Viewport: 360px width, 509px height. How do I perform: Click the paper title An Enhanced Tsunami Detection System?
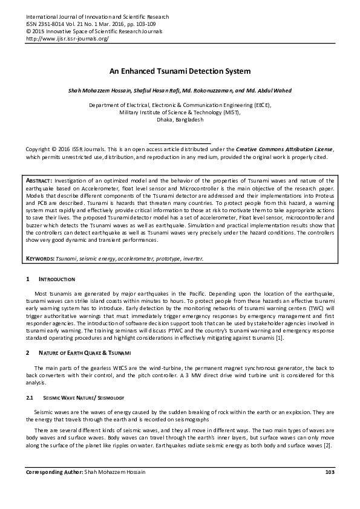tap(180, 71)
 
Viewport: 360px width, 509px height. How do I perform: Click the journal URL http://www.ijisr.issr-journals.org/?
tap(67, 38)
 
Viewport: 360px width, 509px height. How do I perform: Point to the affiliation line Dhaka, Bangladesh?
tap(180, 120)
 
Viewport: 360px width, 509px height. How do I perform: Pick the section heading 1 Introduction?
tap(55, 279)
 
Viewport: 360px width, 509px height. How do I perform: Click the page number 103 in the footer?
tap(329, 472)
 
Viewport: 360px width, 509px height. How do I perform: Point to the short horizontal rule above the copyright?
tap(180, 142)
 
